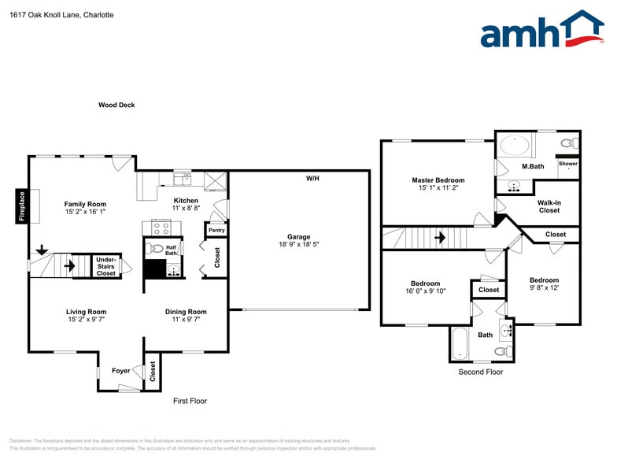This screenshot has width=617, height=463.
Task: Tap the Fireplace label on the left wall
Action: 22,206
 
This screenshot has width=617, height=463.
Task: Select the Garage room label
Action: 298,236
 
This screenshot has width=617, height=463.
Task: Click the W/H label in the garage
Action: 312,179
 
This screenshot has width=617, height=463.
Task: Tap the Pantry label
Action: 216,231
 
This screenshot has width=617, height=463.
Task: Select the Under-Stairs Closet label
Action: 105,266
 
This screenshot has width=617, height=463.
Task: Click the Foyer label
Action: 120,370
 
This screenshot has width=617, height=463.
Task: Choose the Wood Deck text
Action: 116,105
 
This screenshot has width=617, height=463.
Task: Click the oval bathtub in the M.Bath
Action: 515,146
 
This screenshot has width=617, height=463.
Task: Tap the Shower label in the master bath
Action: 567,164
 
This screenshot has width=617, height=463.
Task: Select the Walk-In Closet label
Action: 549,206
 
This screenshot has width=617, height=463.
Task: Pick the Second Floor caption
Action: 480,372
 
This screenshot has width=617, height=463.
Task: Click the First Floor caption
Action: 190,401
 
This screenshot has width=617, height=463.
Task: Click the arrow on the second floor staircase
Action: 440,236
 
